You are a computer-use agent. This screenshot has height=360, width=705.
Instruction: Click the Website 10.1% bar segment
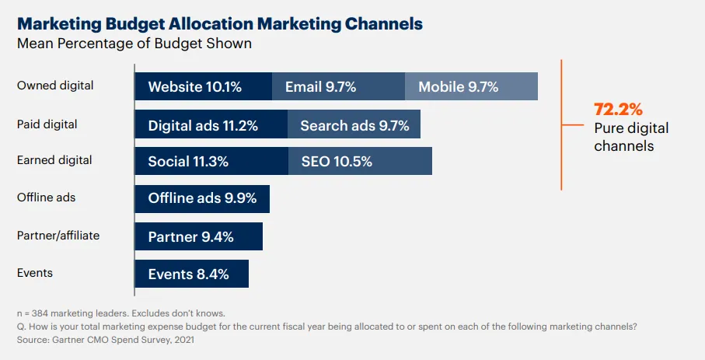(204, 86)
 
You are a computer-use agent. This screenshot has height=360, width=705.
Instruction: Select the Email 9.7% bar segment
(338, 86)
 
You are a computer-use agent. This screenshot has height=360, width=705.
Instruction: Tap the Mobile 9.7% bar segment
(471, 86)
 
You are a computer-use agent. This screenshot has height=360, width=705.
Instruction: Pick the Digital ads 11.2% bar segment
(211, 124)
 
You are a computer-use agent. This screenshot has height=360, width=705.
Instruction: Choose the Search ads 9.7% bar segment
(354, 124)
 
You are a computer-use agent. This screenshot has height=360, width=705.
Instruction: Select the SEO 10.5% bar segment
(360, 161)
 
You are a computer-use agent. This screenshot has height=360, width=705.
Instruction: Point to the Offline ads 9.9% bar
(202, 198)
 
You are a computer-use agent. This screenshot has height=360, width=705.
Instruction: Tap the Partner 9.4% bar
(199, 236)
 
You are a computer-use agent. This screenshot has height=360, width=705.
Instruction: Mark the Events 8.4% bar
(192, 273)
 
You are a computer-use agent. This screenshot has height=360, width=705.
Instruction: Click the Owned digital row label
(55, 86)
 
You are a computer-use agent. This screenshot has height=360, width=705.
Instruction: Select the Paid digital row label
(47, 124)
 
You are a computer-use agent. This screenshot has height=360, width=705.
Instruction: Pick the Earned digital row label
(54, 160)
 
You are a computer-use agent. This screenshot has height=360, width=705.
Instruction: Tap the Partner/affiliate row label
(58, 235)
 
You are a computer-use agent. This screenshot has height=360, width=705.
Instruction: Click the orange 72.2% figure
(619, 109)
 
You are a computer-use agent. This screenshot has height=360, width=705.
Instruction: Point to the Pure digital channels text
(631, 137)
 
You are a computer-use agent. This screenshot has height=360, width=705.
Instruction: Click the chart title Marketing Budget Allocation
(220, 24)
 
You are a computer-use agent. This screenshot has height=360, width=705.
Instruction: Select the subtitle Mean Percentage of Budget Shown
(134, 44)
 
